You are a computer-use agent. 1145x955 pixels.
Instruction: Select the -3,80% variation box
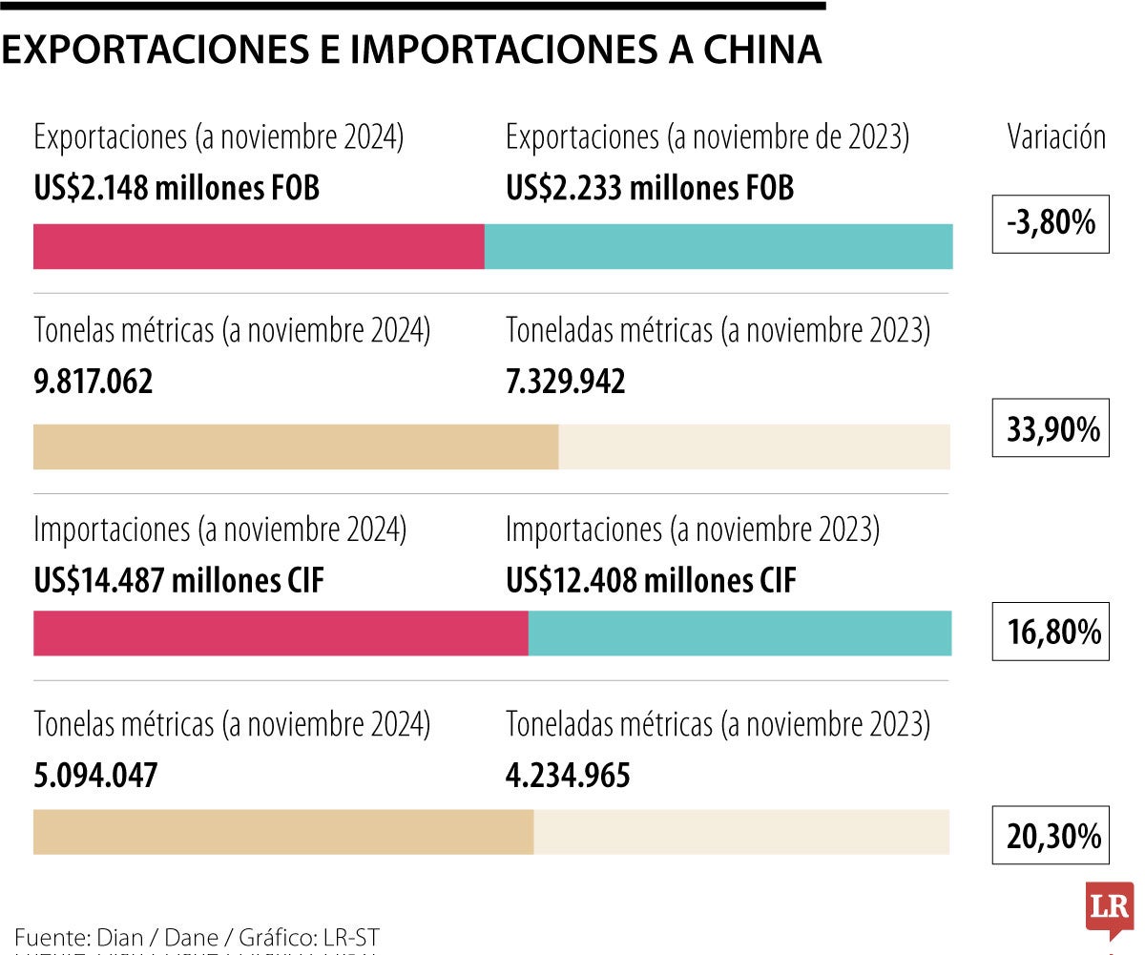pyautogui.click(x=1051, y=223)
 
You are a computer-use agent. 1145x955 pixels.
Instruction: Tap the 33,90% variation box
pyautogui.click(x=1051, y=428)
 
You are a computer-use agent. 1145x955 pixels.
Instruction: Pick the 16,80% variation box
pyautogui.click(x=1051, y=632)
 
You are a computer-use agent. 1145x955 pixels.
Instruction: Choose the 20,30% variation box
pyautogui.click(x=1051, y=836)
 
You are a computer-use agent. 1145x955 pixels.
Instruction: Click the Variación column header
pyautogui.click(x=1056, y=137)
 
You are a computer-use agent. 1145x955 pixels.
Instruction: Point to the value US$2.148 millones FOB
pyautogui.click(x=177, y=188)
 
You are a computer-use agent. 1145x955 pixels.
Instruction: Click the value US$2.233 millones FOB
pyautogui.click(x=649, y=188)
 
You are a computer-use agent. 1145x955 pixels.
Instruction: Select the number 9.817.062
pyautogui.click(x=93, y=382)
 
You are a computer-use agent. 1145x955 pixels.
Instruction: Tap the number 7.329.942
pyautogui.click(x=565, y=382)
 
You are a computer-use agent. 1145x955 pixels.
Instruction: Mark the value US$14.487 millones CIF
pyautogui.click(x=178, y=579)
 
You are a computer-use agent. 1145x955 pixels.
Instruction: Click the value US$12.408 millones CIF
pyautogui.click(x=650, y=579)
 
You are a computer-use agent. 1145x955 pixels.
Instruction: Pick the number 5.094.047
pyautogui.click(x=94, y=775)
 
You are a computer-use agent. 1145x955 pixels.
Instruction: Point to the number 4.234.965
pyautogui.click(x=568, y=775)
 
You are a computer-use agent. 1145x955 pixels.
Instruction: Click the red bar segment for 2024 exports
pyautogui.click(x=259, y=246)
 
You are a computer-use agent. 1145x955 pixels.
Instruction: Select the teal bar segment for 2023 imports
pyautogui.click(x=739, y=633)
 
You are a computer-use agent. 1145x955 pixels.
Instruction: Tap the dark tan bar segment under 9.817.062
pyautogui.click(x=296, y=446)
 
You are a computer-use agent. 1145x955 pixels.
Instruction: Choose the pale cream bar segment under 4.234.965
pyautogui.click(x=741, y=832)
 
